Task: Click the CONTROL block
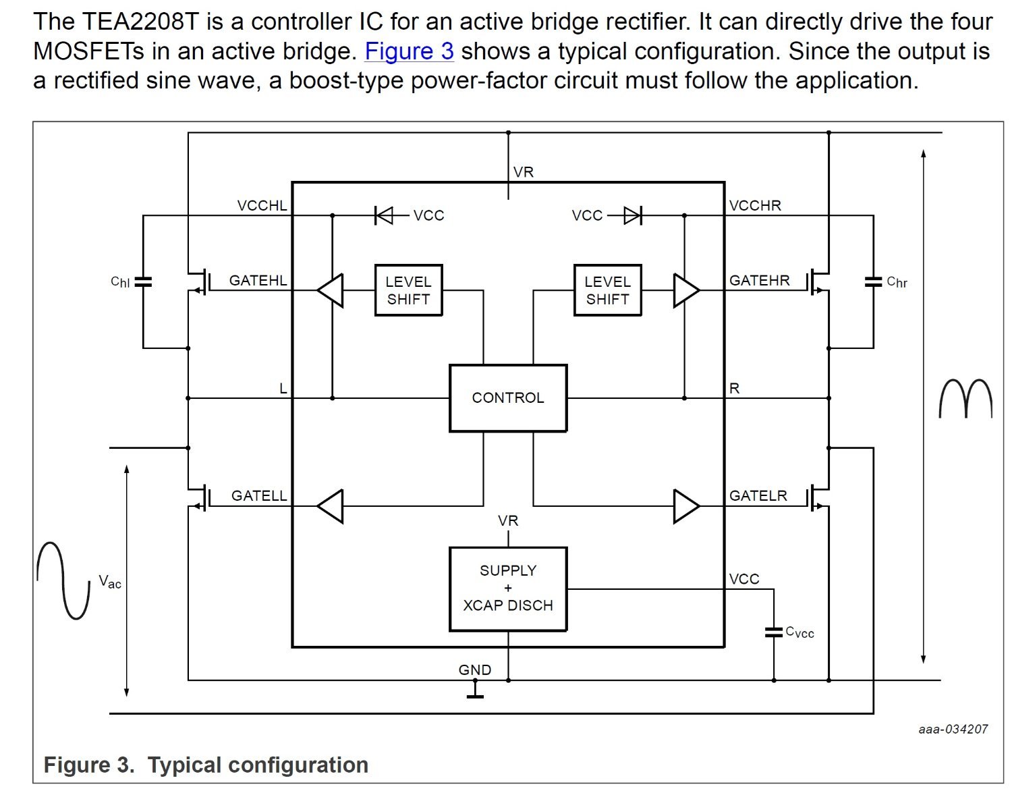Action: [x=508, y=398]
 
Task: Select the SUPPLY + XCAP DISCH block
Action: [x=508, y=588]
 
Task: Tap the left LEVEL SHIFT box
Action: [x=408, y=290]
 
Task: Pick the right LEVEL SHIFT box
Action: [x=608, y=290]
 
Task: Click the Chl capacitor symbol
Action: [x=143, y=282]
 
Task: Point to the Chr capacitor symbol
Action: [x=873, y=282]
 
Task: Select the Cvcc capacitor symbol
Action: [x=774, y=632]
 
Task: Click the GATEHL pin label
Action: [x=258, y=281]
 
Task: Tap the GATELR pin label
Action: [x=758, y=495]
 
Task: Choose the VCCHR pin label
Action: [x=755, y=205]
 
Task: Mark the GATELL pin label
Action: [x=259, y=495]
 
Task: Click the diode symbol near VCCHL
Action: [x=384, y=215]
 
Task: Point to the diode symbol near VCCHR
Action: [x=633, y=215]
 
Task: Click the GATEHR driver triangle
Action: [x=685, y=290]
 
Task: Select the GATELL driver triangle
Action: [x=331, y=506]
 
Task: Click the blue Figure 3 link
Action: [x=409, y=51]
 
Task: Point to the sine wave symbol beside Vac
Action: [x=63, y=580]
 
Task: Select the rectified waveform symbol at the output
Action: [x=966, y=398]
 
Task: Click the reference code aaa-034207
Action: [x=953, y=729]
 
